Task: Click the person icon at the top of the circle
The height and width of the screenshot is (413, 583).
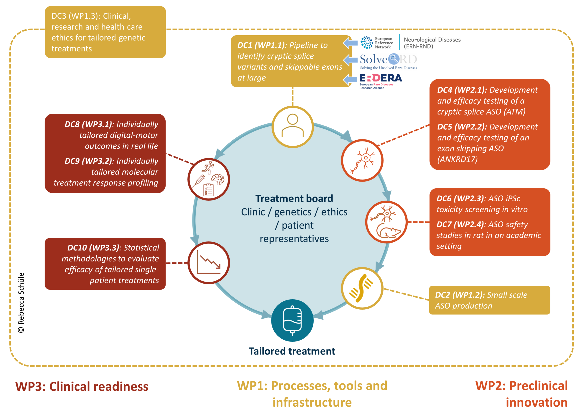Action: click(x=292, y=126)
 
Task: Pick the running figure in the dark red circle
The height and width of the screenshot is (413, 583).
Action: click(x=208, y=168)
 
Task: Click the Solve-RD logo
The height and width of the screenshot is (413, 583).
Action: click(x=388, y=61)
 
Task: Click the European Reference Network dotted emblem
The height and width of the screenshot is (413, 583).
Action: click(x=366, y=42)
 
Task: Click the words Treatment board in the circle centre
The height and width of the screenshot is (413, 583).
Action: click(x=294, y=198)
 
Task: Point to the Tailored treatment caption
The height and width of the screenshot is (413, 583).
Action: click(x=292, y=351)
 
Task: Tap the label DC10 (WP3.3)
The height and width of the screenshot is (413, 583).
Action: click(x=93, y=248)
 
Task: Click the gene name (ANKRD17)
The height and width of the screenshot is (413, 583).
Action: click(x=457, y=159)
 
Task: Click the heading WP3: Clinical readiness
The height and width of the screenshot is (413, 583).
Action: click(x=82, y=386)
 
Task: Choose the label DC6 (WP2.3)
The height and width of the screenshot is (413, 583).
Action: click(x=460, y=199)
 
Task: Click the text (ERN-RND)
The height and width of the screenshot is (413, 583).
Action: click(x=418, y=46)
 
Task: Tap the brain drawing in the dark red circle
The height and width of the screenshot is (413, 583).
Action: click(x=218, y=179)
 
